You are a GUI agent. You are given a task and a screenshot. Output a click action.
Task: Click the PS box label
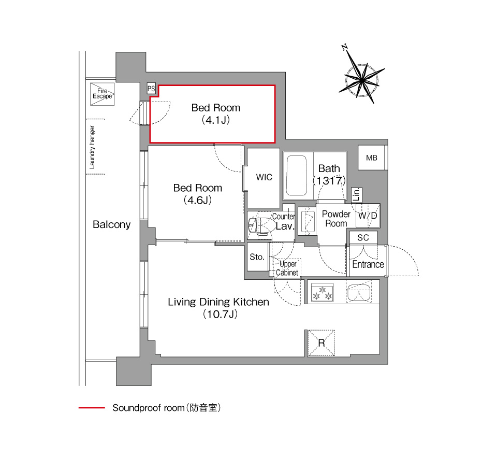pyautogui.click(x=151, y=89)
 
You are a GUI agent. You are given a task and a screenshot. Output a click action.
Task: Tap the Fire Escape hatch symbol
pyautogui.click(x=102, y=94)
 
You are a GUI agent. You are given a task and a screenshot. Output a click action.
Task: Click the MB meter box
pyautogui.click(x=372, y=158)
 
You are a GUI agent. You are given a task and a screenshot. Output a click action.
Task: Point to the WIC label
pyautogui.click(x=264, y=177)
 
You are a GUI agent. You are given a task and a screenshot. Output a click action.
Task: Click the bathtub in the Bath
pyautogui.click(x=296, y=176)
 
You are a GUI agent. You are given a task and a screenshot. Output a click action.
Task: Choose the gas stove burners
pyautogui.click(x=323, y=292)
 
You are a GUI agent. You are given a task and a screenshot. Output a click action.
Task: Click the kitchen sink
pyautogui.click(x=359, y=292)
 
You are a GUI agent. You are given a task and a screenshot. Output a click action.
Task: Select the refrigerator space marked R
pyautogui.click(x=321, y=343)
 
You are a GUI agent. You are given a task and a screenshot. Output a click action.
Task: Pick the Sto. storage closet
pyautogui.click(x=257, y=256)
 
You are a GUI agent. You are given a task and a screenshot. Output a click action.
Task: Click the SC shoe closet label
pyautogui.click(x=363, y=238)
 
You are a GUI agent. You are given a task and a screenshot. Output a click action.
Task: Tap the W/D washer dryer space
pyautogui.click(x=368, y=216)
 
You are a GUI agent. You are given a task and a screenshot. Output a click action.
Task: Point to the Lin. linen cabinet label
pyautogui.click(x=357, y=194)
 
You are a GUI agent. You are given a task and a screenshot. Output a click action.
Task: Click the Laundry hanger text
pyautogui.click(x=92, y=147)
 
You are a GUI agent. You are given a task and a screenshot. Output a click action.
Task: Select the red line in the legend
pyautogui.click(x=92, y=408)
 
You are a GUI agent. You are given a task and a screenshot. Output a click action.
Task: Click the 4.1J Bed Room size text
pyautogui.click(x=215, y=120)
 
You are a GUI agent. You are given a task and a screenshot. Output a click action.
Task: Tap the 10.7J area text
pyautogui.click(x=221, y=314)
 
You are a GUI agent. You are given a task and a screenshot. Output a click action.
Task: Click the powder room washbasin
pyautogui.click(x=307, y=221)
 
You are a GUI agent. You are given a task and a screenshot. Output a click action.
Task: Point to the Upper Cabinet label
pyautogui.click(x=287, y=268)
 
